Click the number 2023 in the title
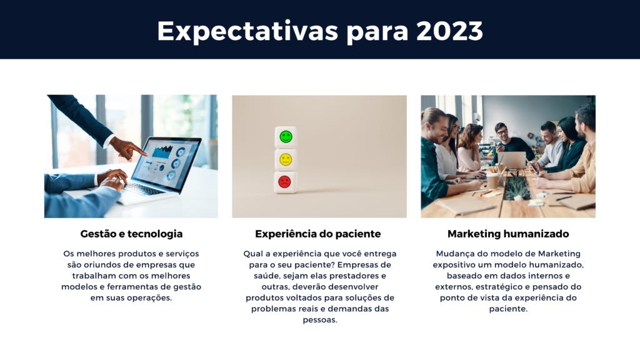coord(449,31)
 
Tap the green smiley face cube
coord(286,137)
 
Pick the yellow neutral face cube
coord(286,159)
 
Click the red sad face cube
coord(285,182)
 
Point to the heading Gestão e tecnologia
coord(131,234)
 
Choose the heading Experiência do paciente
coord(318,234)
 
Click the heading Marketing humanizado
coord(508,234)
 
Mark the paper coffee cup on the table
coord(492,181)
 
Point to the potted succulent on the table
coord(517,187)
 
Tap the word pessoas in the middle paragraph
coord(320,320)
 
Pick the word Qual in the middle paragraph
coord(252,254)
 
